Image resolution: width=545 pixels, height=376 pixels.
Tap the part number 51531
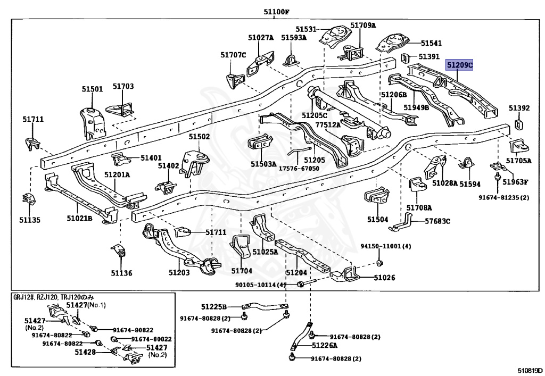[306, 29]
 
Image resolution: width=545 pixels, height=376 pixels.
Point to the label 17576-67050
[300, 168]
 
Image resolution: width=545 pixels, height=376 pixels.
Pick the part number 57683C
[437, 221]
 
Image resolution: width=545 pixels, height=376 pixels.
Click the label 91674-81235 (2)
[503, 198]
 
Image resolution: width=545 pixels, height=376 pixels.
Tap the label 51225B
[214, 307]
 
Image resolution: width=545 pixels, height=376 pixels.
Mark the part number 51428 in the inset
[85, 352]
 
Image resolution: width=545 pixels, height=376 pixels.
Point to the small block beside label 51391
[405, 57]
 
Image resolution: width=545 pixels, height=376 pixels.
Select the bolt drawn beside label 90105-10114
[301, 284]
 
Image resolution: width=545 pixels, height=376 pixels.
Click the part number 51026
[384, 277]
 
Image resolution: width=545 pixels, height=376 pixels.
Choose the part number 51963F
[516, 181]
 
